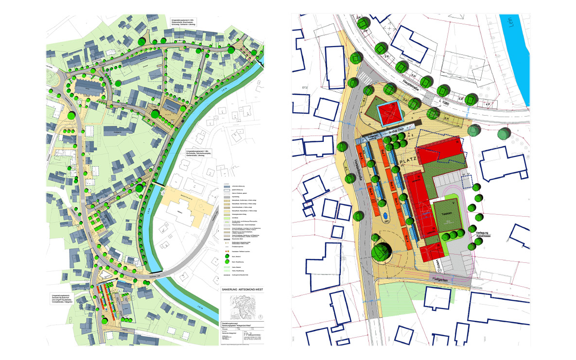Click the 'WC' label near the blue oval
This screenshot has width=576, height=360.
coord(387,222)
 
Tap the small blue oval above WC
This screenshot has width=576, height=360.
coord(386,214)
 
